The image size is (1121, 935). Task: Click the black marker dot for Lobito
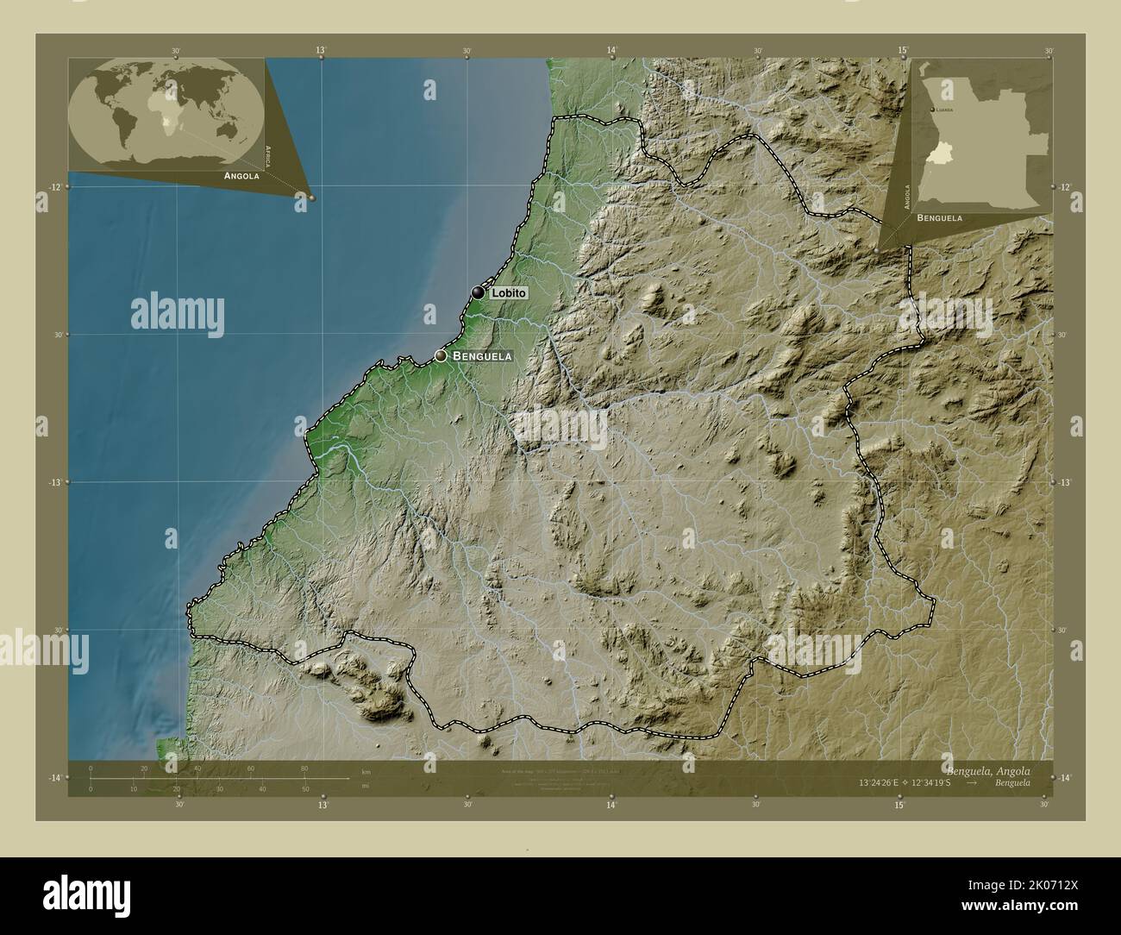coord(478,292)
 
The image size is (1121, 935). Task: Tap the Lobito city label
coord(508,293)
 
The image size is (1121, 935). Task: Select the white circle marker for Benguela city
coord(441,355)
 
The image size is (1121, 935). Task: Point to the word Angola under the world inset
coord(241,175)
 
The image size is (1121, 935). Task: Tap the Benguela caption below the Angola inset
coord(939,218)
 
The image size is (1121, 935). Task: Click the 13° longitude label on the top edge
coord(321,52)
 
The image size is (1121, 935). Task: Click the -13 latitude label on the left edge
coord(54,482)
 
